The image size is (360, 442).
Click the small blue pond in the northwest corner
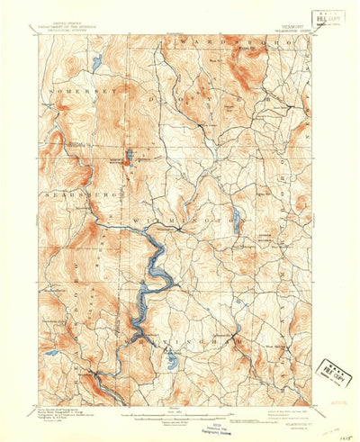point(96,64)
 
